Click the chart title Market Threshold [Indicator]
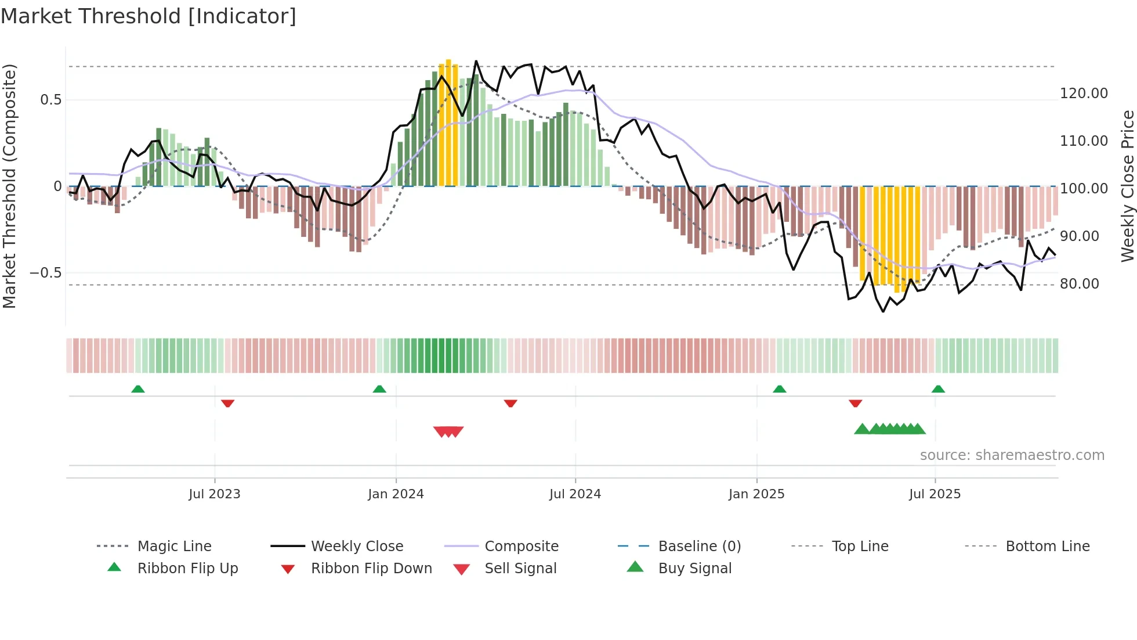[149, 16]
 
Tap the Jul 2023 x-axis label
[214, 494]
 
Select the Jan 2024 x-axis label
[396, 494]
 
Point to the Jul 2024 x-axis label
[575, 494]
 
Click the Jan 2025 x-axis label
[756, 494]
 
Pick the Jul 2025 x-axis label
[935, 494]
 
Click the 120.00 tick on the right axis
[1084, 94]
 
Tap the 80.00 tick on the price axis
[1079, 284]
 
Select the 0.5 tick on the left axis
[50, 100]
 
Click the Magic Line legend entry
[174, 546]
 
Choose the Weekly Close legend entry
[357, 546]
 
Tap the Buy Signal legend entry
[694, 569]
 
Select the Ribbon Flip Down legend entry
[371, 569]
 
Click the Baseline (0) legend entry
[699, 546]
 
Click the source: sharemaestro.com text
[1012, 455]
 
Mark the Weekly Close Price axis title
[1127, 186]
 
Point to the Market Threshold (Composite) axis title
[9, 186]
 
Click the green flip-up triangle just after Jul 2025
[938, 389]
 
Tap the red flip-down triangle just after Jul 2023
[227, 403]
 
